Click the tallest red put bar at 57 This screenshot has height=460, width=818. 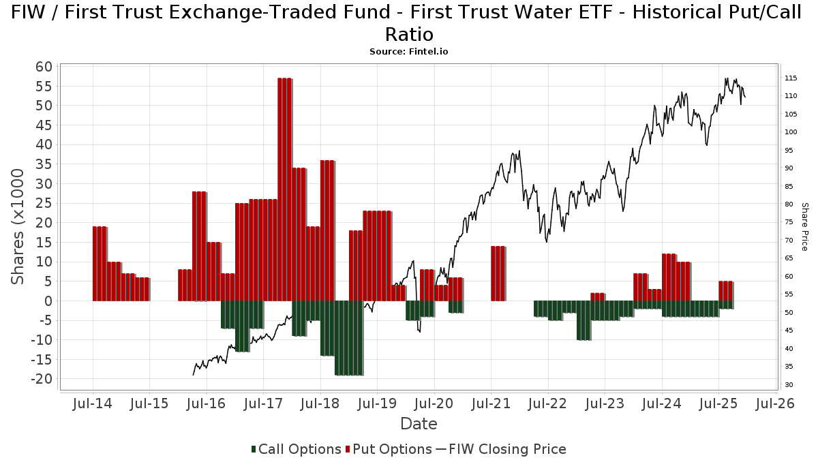pyautogui.click(x=284, y=189)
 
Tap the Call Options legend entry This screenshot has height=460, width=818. pyautogui.click(x=296, y=449)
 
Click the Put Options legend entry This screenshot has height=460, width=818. pyautogui.click(x=389, y=449)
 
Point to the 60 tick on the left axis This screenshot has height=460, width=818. pyautogui.click(x=44, y=67)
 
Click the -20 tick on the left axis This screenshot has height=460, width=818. pyautogui.click(x=42, y=379)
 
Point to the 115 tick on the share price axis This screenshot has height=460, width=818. pyautogui.click(x=791, y=78)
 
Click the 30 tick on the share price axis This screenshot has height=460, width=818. pyautogui.click(x=788, y=385)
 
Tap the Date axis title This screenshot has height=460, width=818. pyautogui.click(x=419, y=424)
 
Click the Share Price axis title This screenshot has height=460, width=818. pyautogui.click(x=804, y=226)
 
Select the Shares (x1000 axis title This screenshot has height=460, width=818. pyautogui.click(x=18, y=227)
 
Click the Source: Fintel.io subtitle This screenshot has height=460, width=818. pyautogui.click(x=409, y=51)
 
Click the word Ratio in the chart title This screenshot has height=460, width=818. pyautogui.click(x=409, y=34)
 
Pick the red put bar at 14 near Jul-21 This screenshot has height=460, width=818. pyautogui.click(x=498, y=273)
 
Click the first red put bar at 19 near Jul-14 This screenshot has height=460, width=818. pyautogui.click(x=100, y=264)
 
